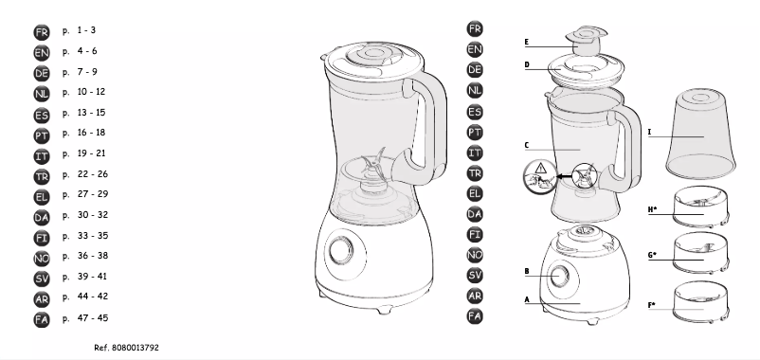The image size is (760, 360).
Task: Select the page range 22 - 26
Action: click(92, 173)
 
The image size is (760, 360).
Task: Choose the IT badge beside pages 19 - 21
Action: click(42, 153)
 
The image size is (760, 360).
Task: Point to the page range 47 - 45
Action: click(92, 318)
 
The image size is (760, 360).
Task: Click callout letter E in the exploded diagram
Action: click(526, 43)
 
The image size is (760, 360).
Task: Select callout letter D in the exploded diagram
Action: click(526, 65)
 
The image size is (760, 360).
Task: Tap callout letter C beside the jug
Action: click(526, 146)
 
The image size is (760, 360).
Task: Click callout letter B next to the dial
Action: click(526, 272)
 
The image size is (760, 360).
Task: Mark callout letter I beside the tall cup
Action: click(649, 134)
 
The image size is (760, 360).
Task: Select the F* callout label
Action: click(653, 306)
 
